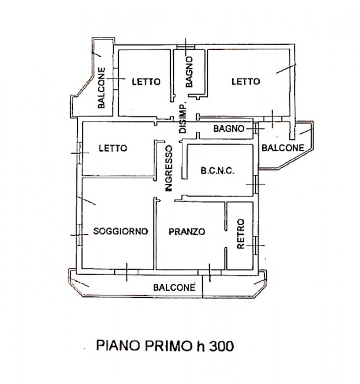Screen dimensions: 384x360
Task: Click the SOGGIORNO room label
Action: tap(120, 231)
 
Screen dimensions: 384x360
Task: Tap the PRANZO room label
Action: tap(187, 231)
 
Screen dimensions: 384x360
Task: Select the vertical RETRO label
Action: tap(241, 234)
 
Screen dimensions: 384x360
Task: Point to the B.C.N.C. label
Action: tap(217, 170)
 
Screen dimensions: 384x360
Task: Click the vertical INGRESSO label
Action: tap(169, 168)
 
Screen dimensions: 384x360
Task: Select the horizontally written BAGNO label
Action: tap(229, 129)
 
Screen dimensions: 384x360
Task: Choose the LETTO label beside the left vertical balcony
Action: tap(146, 82)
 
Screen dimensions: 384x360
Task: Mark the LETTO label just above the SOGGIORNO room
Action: tap(113, 148)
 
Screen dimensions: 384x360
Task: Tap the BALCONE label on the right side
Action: tap(282, 148)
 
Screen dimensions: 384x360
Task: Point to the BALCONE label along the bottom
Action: tap(174, 288)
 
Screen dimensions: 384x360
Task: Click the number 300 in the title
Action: tap(220, 346)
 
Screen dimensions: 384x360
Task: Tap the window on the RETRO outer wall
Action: tap(256, 245)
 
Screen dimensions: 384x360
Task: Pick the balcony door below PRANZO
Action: tap(210, 272)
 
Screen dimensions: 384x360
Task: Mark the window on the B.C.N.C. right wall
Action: tap(256, 184)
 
